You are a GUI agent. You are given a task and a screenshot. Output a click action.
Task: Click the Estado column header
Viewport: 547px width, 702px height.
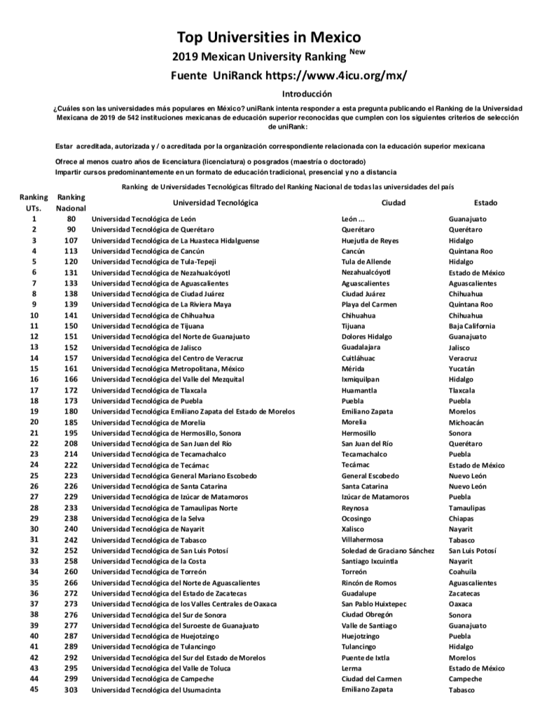485,202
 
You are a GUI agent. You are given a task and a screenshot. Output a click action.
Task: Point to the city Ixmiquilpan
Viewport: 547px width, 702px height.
361,379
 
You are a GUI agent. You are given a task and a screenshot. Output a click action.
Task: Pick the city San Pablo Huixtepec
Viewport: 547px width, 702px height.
374,603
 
